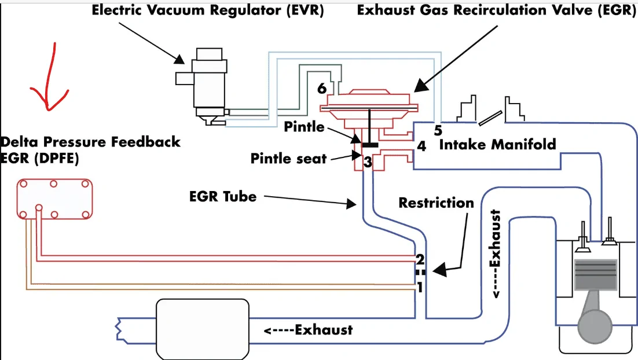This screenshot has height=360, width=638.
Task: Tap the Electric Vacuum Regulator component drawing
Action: (207, 86)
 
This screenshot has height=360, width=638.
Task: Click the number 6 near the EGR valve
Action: (322, 89)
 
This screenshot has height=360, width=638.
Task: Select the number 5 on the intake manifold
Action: (438, 130)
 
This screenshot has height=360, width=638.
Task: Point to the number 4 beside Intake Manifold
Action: (421, 146)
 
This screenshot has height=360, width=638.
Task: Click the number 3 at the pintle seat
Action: (368, 162)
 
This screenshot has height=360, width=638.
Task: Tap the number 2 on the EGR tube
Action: (420, 259)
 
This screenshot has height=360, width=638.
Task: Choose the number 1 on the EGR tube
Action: (420, 288)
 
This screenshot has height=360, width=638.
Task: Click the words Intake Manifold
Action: (497, 144)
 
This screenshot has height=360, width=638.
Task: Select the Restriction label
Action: (436, 203)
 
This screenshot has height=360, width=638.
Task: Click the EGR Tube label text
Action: (223, 196)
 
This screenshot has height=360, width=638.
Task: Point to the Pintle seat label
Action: (288, 158)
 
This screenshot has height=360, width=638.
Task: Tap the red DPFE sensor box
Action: (54, 199)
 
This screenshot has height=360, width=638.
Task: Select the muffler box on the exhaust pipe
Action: (203, 329)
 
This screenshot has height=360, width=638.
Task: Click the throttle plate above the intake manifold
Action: (490, 119)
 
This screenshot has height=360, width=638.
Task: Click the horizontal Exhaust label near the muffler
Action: (309, 330)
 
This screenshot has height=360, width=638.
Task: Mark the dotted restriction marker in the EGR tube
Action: (420, 273)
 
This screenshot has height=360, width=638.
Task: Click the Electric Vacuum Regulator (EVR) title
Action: (207, 10)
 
